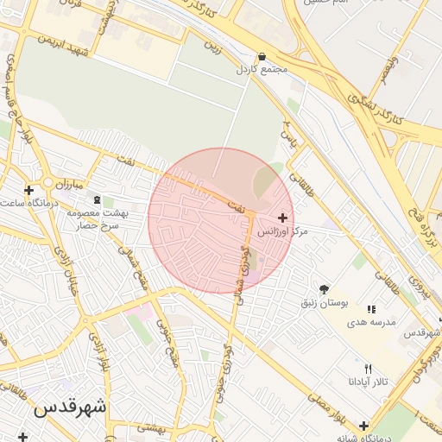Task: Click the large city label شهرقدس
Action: tap(70, 407)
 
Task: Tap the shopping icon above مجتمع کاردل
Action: tap(262, 56)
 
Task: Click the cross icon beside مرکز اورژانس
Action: tap(283, 218)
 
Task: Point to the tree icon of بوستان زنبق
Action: tap(324, 289)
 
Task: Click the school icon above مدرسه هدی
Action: tap(371, 309)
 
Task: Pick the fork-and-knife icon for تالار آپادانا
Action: tap(369, 368)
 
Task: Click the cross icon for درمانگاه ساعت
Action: tap(29, 190)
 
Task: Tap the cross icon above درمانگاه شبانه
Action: tap(364, 426)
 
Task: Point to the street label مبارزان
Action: tap(64, 185)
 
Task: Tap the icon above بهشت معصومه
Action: tap(96, 199)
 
